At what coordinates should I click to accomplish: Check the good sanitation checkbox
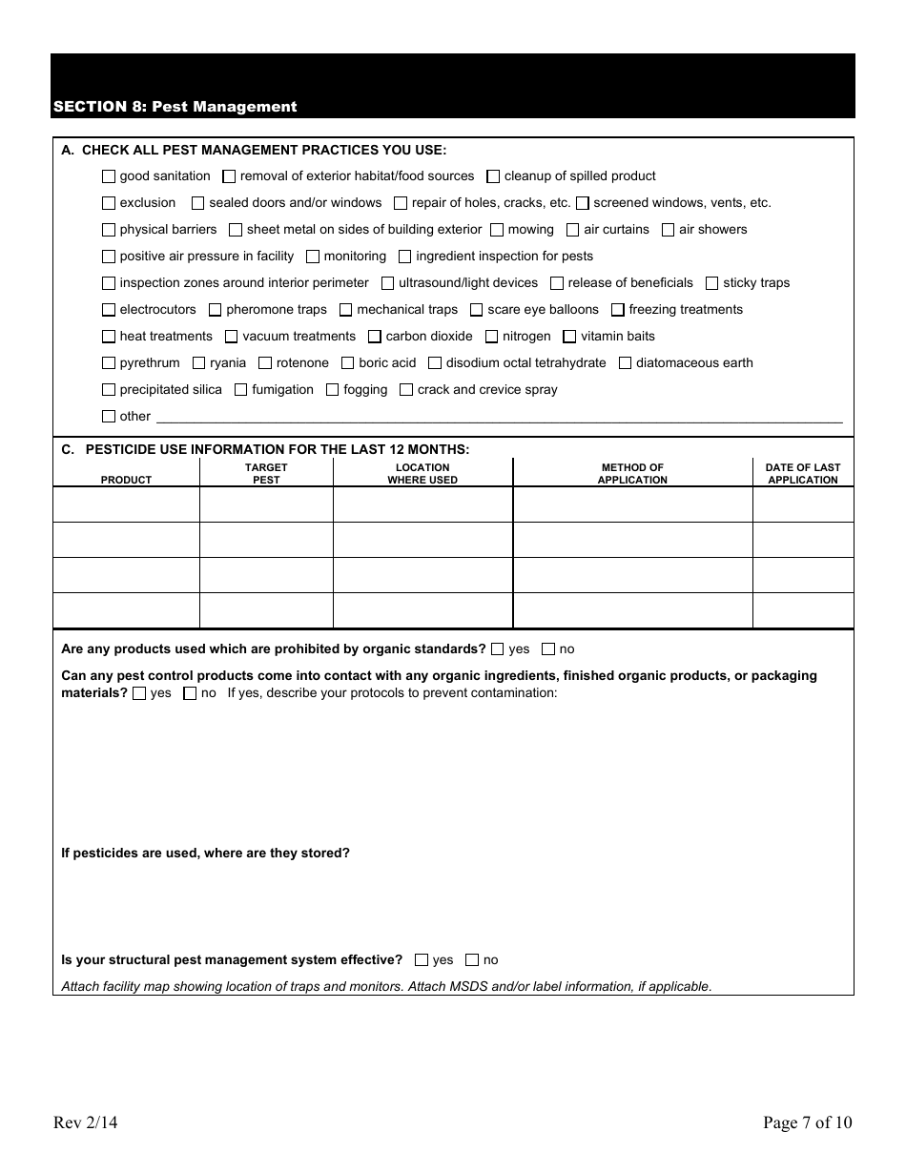pyautogui.click(x=109, y=176)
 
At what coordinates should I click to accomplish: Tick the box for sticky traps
pyautogui.click(x=712, y=283)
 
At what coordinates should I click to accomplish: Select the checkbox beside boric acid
pyautogui.click(x=348, y=363)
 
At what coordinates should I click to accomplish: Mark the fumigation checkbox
pyautogui.click(x=241, y=390)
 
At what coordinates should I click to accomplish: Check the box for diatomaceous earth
pyautogui.click(x=626, y=363)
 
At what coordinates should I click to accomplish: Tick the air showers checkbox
pyautogui.click(x=669, y=230)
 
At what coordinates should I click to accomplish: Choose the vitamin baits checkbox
pyautogui.click(x=570, y=337)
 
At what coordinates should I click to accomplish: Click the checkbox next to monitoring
pyautogui.click(x=313, y=257)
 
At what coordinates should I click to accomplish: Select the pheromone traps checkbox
pyautogui.click(x=216, y=310)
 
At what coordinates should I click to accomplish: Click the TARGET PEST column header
pyautogui.click(x=266, y=473)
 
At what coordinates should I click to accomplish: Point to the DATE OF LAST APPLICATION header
pyautogui.click(x=803, y=473)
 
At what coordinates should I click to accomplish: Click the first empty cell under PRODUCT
pyautogui.click(x=126, y=504)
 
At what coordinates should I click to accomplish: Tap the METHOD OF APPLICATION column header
pyautogui.click(x=632, y=473)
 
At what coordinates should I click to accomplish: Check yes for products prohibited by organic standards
pyautogui.click(x=498, y=649)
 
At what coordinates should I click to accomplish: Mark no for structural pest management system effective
pyautogui.click(x=472, y=960)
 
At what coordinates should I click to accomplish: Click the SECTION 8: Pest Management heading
pyautogui.click(x=175, y=107)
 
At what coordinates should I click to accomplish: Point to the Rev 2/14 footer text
pyautogui.click(x=86, y=1122)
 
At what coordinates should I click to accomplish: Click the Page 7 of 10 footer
pyautogui.click(x=807, y=1122)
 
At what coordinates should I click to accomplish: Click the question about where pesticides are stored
pyautogui.click(x=205, y=853)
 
